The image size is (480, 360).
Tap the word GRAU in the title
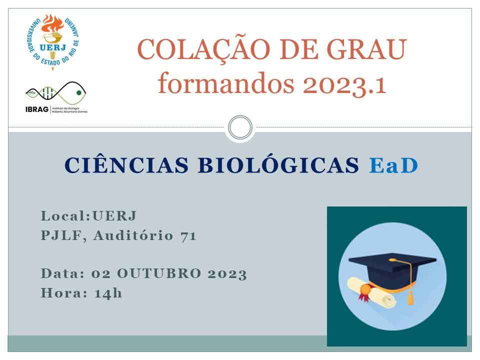tap(366, 49)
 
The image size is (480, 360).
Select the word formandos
tap(226, 83)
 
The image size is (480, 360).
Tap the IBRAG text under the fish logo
tap(37, 109)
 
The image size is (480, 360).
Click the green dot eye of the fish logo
tap(79, 93)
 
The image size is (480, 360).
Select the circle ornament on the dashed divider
tap(240, 127)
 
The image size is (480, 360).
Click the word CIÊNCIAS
tap(126, 165)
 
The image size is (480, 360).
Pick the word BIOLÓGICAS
tap(278, 165)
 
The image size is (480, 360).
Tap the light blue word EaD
tap(393, 165)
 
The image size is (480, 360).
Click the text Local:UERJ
tap(88, 216)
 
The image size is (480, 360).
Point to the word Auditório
tap(133, 235)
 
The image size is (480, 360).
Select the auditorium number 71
tap(188, 236)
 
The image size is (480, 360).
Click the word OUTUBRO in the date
tap(159, 273)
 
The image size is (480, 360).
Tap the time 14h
tap(108, 293)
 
